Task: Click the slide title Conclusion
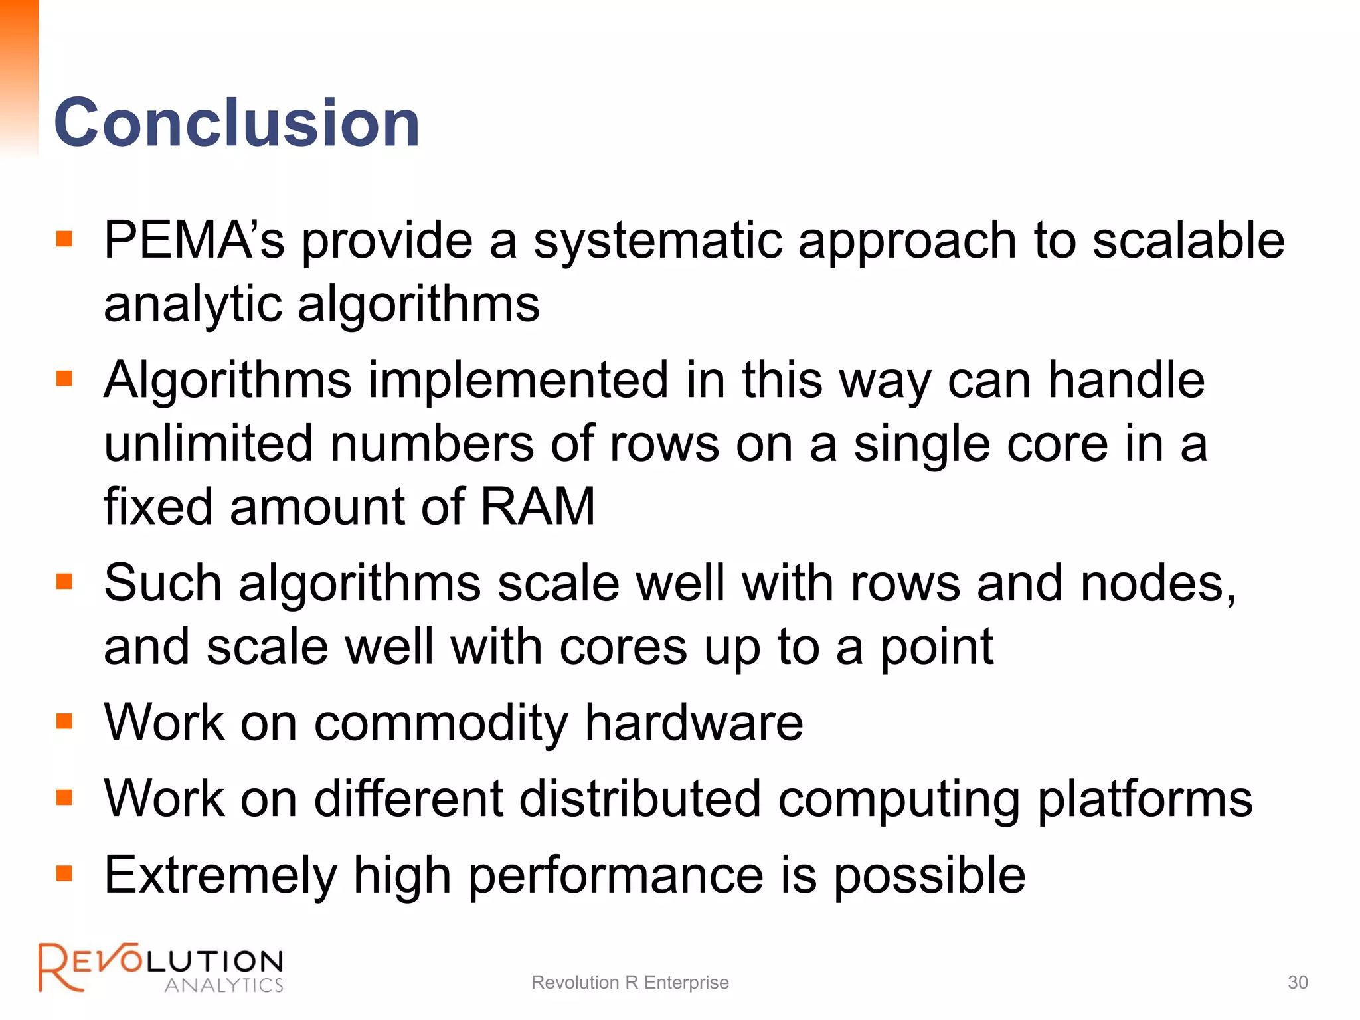pos(236,123)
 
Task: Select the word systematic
pos(657,240)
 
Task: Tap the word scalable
pos(1188,240)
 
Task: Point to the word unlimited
pos(208,444)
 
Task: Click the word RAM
pos(537,507)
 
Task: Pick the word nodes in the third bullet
pos(1155,584)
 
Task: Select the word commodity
pos(441,723)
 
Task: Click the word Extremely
pos(220,876)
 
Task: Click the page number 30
pos(1298,982)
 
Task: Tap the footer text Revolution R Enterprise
pos(630,982)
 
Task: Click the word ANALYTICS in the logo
pos(224,985)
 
